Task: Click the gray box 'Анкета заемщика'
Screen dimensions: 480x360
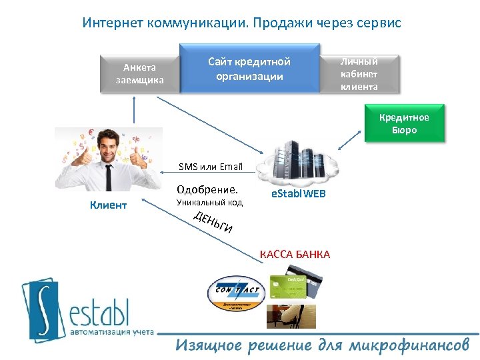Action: (x=139, y=74)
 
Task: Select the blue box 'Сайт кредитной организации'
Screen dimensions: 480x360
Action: (x=249, y=69)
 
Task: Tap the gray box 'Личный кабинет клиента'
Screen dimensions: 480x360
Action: (x=359, y=73)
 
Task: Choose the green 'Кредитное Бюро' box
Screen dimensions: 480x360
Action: (x=404, y=124)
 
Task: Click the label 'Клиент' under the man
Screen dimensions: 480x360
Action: (x=108, y=205)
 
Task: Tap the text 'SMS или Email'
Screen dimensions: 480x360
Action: (x=210, y=167)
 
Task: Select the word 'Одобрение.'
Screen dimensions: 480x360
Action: (x=207, y=189)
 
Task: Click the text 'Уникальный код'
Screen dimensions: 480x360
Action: (x=209, y=202)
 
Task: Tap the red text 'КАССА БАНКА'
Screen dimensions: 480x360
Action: (x=295, y=255)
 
